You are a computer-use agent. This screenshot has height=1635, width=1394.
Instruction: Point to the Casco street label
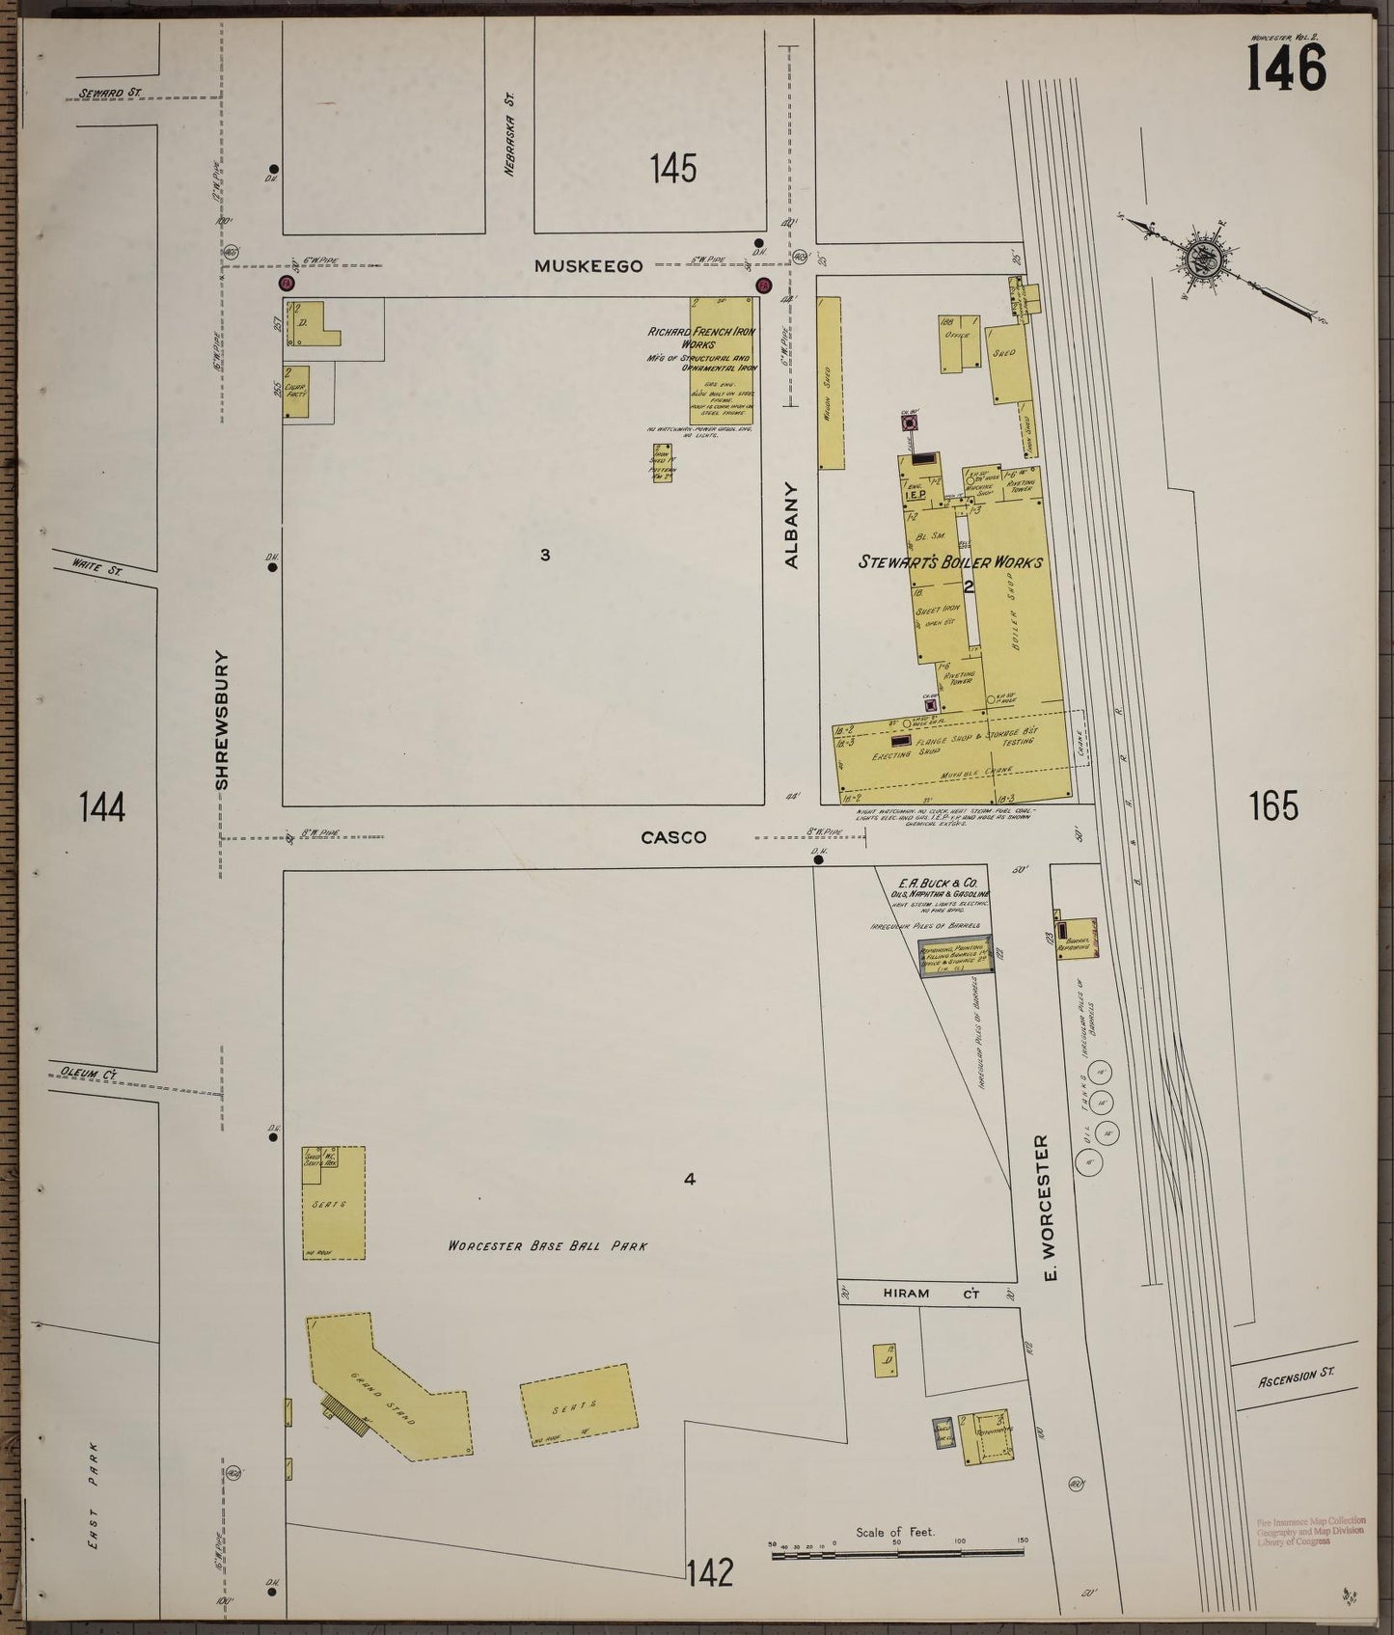coord(673,837)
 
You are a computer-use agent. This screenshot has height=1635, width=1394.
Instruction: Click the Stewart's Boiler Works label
coord(949,561)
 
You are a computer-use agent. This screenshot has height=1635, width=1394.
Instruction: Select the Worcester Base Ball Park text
coord(547,1245)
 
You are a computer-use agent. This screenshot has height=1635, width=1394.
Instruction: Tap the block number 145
coord(672,170)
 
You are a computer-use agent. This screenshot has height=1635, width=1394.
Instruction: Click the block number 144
coord(102,806)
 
